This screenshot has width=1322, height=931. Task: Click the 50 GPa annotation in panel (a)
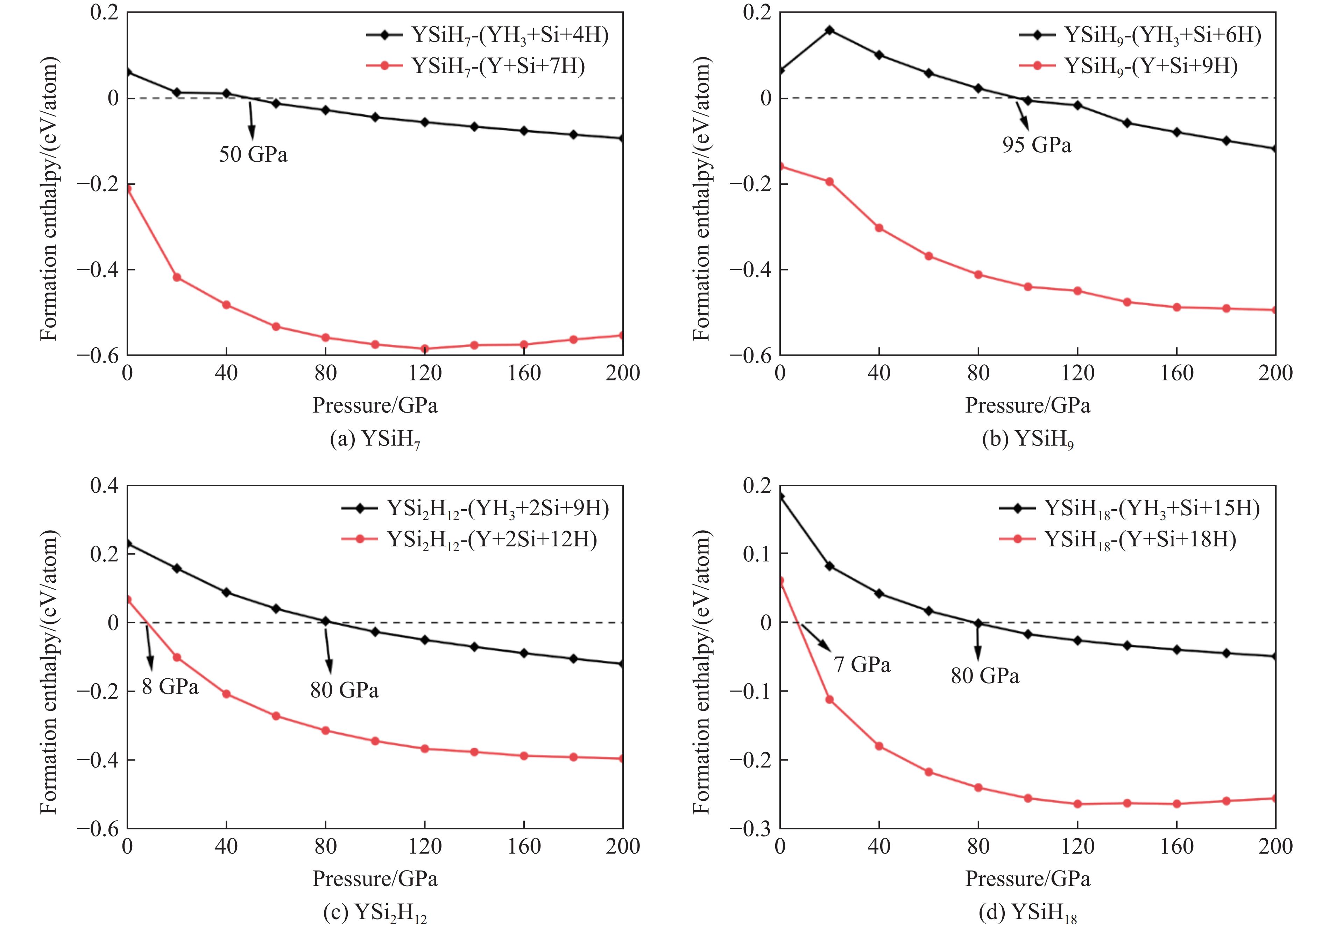[253, 154]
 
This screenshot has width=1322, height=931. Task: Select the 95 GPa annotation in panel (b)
[1037, 145]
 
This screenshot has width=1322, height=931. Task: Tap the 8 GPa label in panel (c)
[170, 687]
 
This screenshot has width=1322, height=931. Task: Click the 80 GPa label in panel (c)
[344, 690]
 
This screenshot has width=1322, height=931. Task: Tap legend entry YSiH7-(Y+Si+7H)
[498, 66]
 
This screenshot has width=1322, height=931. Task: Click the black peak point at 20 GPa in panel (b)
[830, 30]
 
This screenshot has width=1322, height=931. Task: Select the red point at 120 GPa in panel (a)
[425, 349]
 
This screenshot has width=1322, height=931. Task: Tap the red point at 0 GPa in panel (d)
[781, 581]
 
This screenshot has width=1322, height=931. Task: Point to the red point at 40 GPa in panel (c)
[226, 694]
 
